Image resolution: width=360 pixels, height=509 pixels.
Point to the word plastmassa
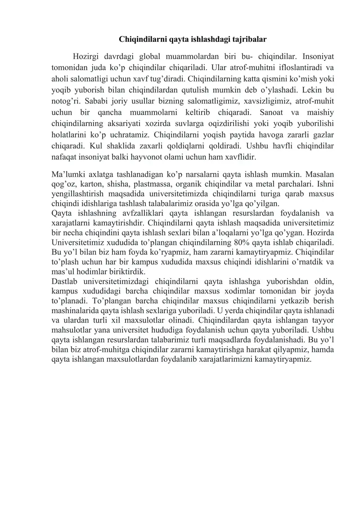(x=148, y=184)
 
